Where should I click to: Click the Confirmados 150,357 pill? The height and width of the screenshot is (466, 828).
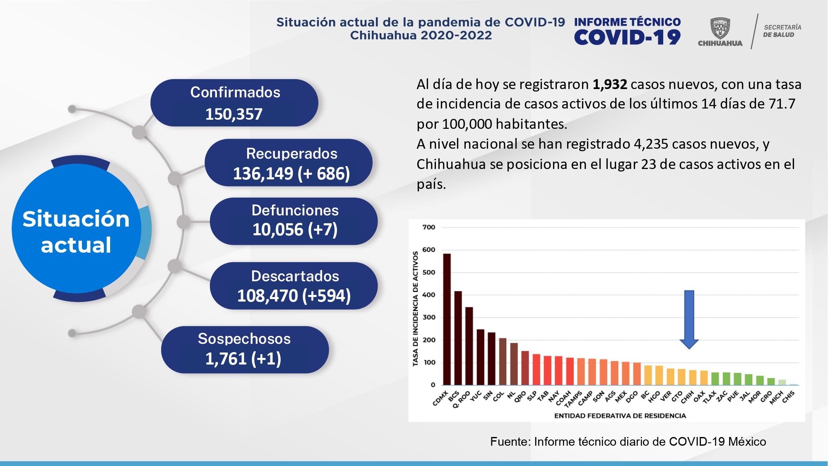tap(234, 103)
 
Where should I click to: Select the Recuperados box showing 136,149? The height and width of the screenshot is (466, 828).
tap(289, 163)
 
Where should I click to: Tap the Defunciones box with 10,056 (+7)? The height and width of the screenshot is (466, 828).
tap(294, 221)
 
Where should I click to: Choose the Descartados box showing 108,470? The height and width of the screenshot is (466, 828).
tap(294, 286)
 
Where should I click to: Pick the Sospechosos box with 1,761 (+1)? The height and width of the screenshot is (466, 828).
tap(245, 350)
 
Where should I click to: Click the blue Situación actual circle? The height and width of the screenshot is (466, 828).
tap(76, 229)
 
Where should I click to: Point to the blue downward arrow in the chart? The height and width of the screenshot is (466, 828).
tap(689, 319)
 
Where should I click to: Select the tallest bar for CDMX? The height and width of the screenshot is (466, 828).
tap(447, 319)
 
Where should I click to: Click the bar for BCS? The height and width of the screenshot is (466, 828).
tap(458, 338)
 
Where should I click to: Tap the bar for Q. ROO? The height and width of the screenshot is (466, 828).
tap(469, 346)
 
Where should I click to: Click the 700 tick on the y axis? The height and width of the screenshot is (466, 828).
tap(429, 227)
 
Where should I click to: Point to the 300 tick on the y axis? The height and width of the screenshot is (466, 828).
tap(429, 317)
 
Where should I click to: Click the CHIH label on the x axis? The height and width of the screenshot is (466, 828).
tap(688, 396)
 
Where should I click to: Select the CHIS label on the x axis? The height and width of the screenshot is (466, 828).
tap(788, 397)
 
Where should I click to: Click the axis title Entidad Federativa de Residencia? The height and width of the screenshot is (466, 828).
tap(620, 415)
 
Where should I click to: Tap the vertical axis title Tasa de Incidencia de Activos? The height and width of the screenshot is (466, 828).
tap(415, 309)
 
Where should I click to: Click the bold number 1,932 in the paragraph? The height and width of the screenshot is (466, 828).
tap(609, 85)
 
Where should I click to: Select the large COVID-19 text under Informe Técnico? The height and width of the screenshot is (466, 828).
tap(627, 38)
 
